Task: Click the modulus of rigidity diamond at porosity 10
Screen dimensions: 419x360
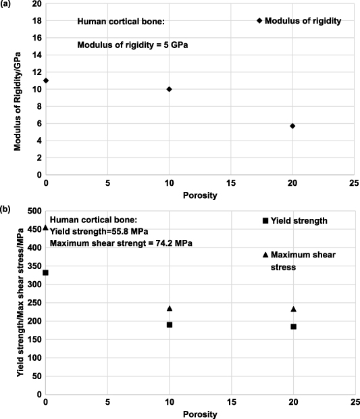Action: click(x=169, y=89)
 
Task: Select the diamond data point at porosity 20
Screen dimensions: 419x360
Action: click(x=292, y=126)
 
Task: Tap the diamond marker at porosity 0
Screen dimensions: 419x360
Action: click(x=46, y=80)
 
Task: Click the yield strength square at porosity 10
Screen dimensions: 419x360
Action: click(x=170, y=324)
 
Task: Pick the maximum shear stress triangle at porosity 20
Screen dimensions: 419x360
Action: click(x=293, y=309)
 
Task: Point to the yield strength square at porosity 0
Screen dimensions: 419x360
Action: click(x=46, y=272)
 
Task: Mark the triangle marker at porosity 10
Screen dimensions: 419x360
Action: click(x=170, y=308)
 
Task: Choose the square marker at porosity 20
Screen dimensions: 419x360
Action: click(x=293, y=326)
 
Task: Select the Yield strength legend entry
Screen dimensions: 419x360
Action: click(x=295, y=220)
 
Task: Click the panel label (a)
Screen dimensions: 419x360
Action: click(x=6, y=5)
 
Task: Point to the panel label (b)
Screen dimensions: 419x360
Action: click(x=6, y=209)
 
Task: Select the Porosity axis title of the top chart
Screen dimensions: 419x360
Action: click(x=199, y=196)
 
